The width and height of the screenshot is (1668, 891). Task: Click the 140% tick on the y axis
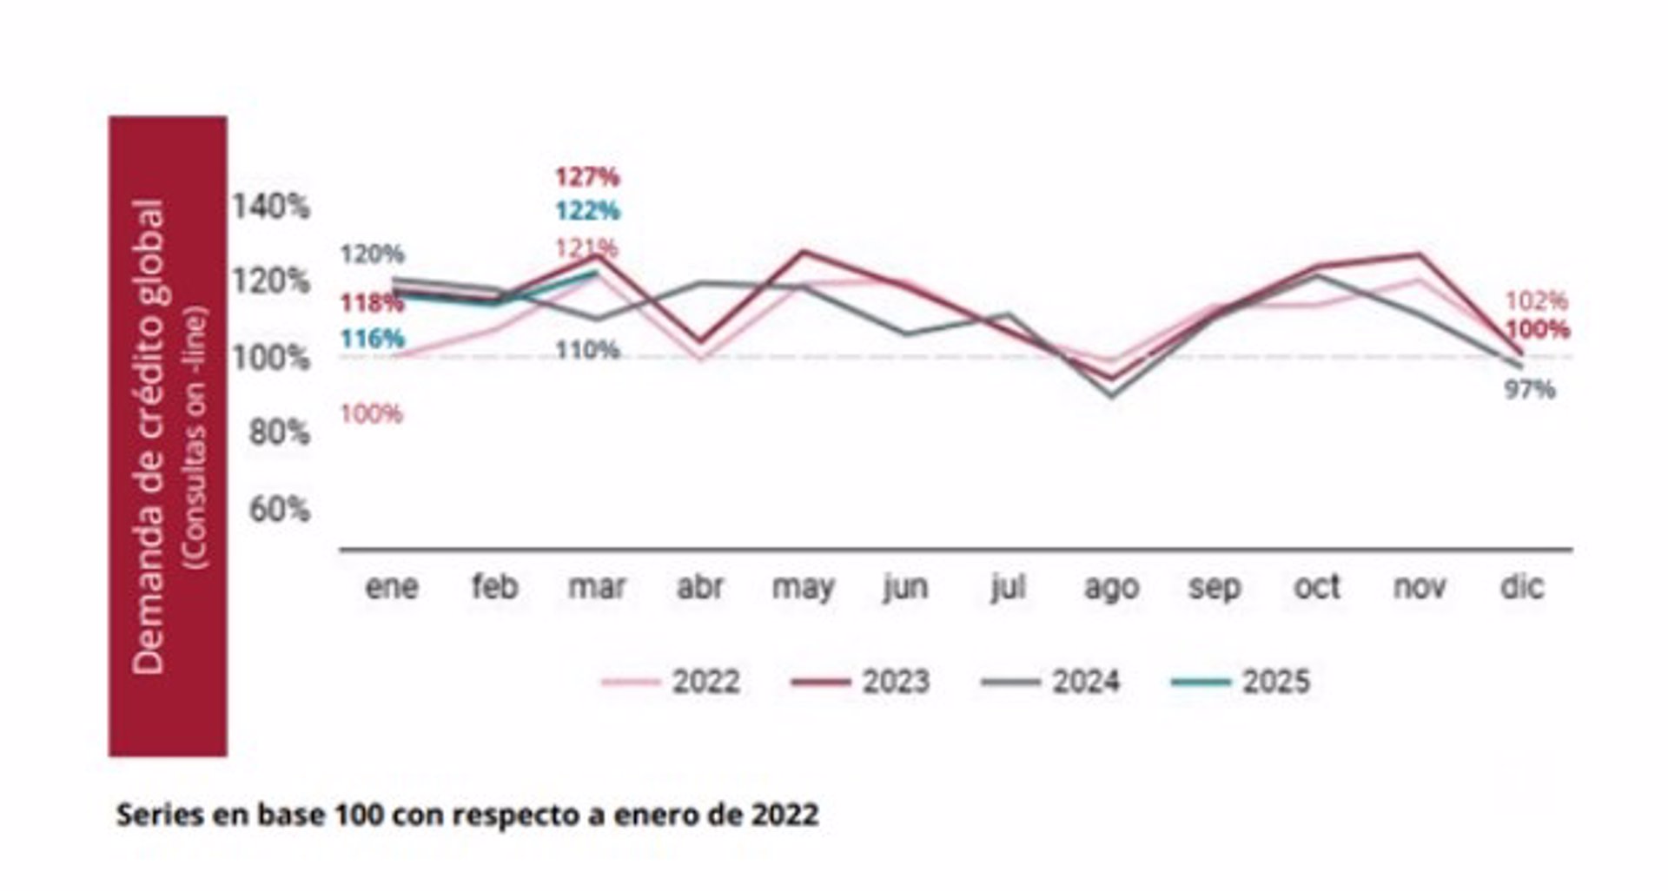click(270, 207)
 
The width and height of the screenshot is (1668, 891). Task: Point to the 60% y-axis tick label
click(279, 509)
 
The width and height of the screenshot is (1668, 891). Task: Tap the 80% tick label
click(279, 432)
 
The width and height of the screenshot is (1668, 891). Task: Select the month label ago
click(1111, 589)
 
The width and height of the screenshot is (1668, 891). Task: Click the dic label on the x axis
click(1521, 587)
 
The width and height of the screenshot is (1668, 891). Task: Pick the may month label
click(803, 589)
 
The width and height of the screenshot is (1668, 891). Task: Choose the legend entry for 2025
click(1241, 682)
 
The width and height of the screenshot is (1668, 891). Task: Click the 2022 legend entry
click(671, 682)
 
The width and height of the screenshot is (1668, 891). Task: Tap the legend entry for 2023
click(860, 682)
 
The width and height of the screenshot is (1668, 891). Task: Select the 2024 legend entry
click(1050, 682)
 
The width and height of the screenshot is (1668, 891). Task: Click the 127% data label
click(587, 177)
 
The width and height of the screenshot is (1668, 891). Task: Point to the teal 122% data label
click(587, 211)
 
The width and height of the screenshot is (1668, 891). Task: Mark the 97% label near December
click(1529, 390)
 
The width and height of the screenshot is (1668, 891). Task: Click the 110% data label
click(587, 350)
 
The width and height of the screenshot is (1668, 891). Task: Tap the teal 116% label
click(372, 339)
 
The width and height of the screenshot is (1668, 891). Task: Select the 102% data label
click(1536, 301)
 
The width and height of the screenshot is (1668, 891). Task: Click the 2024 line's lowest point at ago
click(1112, 396)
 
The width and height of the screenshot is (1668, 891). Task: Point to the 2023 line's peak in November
click(1420, 254)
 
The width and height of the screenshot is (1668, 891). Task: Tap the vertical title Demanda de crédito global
click(149, 436)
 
